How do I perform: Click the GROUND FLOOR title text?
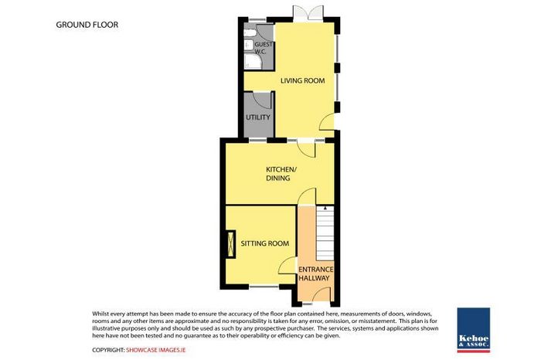pyautogui.click(x=87, y=25)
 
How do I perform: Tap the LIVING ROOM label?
pyautogui.click(x=303, y=80)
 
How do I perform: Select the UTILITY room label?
pyautogui.click(x=258, y=117)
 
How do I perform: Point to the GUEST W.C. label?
pyautogui.click(x=264, y=48)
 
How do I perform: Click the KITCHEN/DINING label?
pyautogui.click(x=281, y=174)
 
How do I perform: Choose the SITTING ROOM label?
pyautogui.click(x=265, y=243)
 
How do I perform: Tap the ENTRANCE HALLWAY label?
pyautogui.click(x=315, y=273)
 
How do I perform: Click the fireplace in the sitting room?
pyautogui.click(x=230, y=244)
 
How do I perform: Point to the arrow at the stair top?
pyautogui.click(x=325, y=209)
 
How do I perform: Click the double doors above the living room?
pyautogui.click(x=308, y=14)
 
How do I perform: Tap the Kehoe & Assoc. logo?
pyautogui.click(x=473, y=330)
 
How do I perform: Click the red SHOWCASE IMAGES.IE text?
pyautogui.click(x=156, y=350)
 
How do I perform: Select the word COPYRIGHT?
pyautogui.click(x=108, y=350)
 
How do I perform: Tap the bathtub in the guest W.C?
pyautogui.click(x=253, y=61)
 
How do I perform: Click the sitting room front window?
pyautogui.click(x=264, y=286)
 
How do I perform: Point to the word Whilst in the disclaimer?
pyautogui.click(x=100, y=314)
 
